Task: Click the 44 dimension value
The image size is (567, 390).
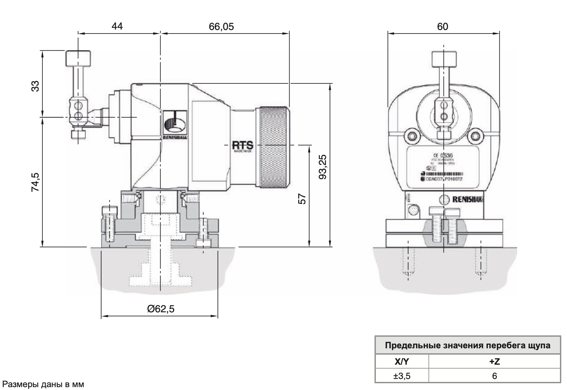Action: point(117,26)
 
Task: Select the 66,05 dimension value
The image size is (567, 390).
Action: point(221,27)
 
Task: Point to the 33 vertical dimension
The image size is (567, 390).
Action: point(35,86)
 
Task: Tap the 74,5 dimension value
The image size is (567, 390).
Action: point(35,182)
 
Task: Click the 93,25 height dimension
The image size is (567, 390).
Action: point(323,167)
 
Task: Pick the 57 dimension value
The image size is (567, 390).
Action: point(302,199)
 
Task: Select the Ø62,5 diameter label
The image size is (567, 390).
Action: point(161,309)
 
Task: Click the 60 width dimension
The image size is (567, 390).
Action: point(442,27)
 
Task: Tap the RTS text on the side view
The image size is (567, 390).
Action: point(243,145)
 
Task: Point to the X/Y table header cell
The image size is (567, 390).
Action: point(402,361)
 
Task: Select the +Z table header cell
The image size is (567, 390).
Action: point(494,361)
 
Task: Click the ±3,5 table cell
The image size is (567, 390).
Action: point(402,376)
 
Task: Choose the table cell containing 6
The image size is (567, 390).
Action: point(494,376)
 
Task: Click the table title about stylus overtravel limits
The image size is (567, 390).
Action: point(468,345)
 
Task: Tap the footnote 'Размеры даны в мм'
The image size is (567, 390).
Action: point(43,385)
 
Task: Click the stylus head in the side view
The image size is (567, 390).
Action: point(78,58)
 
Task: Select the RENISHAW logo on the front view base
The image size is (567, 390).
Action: point(468,199)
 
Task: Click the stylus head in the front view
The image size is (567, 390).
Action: point(443,59)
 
